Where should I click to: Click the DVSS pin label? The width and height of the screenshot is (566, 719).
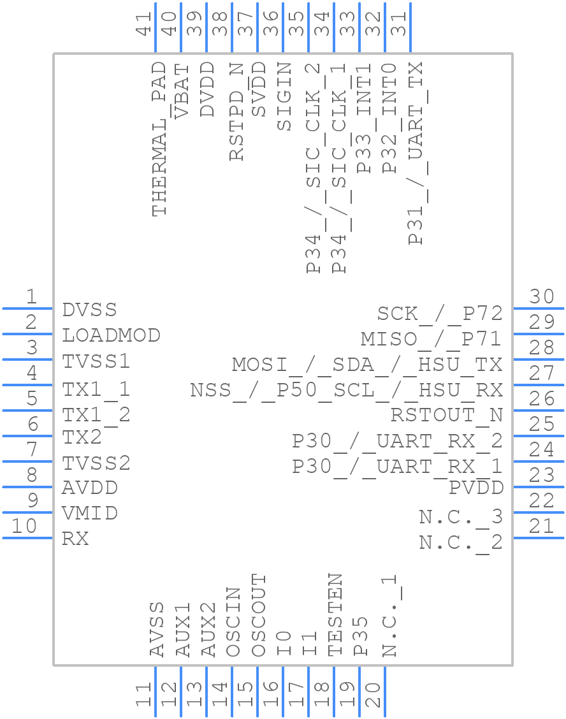pyautogui.click(x=90, y=310)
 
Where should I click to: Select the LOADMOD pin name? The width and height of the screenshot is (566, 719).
pyautogui.click(x=111, y=335)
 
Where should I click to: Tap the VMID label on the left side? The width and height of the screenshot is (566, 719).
pyautogui.click(x=90, y=513)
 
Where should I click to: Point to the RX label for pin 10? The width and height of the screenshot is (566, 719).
pyautogui.click(x=75, y=539)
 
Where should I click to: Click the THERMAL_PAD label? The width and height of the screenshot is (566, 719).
pyautogui.click(x=159, y=139)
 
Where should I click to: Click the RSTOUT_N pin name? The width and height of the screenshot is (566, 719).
pyautogui.click(x=447, y=415)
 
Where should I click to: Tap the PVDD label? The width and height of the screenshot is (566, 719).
pyautogui.click(x=476, y=488)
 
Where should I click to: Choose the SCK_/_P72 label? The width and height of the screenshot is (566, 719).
pyautogui.click(x=440, y=314)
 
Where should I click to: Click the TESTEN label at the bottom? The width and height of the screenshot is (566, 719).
pyautogui.click(x=335, y=614)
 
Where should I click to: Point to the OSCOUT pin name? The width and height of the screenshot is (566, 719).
pyautogui.click(x=258, y=614)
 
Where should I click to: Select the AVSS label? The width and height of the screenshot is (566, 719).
pyautogui.click(x=157, y=629)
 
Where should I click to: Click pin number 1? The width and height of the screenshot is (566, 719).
pyautogui.click(x=31, y=297)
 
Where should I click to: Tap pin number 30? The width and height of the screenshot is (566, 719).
pyautogui.click(x=542, y=297)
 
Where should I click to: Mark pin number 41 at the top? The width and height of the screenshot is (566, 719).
pyautogui.click(x=145, y=24)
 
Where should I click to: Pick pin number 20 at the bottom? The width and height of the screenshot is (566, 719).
pyautogui.click(x=373, y=695)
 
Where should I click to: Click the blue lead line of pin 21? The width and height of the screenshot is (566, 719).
pyautogui.click(x=539, y=538)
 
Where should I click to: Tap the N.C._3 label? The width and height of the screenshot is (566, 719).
pyautogui.click(x=461, y=517)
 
